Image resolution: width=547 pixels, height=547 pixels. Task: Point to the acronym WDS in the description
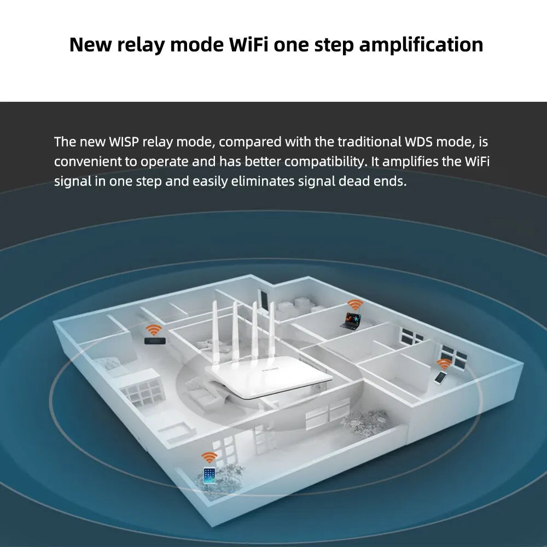point(420,142)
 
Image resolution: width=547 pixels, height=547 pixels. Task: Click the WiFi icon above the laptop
point(355,305)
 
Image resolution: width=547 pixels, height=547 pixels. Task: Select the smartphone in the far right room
point(440,377)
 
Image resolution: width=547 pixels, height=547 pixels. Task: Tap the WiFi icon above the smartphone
point(444,363)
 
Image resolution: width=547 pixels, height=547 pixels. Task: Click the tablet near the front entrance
point(209,475)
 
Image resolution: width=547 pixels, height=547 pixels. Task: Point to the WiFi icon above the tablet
point(209,457)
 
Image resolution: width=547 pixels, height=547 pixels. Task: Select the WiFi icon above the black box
point(153,329)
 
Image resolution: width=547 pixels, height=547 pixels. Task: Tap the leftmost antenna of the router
point(216,334)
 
